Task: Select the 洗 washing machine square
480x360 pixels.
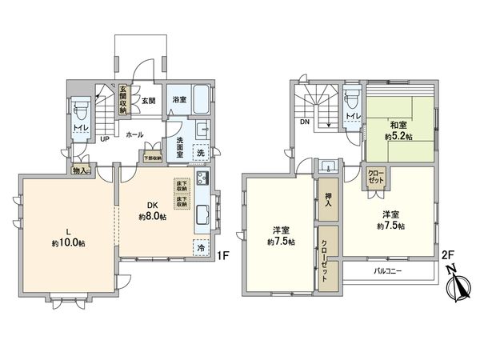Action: [201, 152]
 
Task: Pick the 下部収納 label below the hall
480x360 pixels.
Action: [151, 158]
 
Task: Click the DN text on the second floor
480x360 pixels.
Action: [305, 123]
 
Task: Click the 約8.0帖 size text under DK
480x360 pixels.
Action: [151, 217]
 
